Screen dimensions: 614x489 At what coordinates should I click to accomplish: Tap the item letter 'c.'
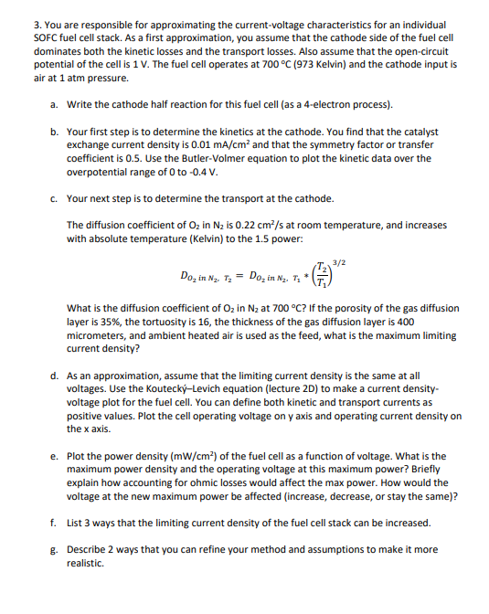[56, 198]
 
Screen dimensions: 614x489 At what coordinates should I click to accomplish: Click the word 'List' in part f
[77, 524]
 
